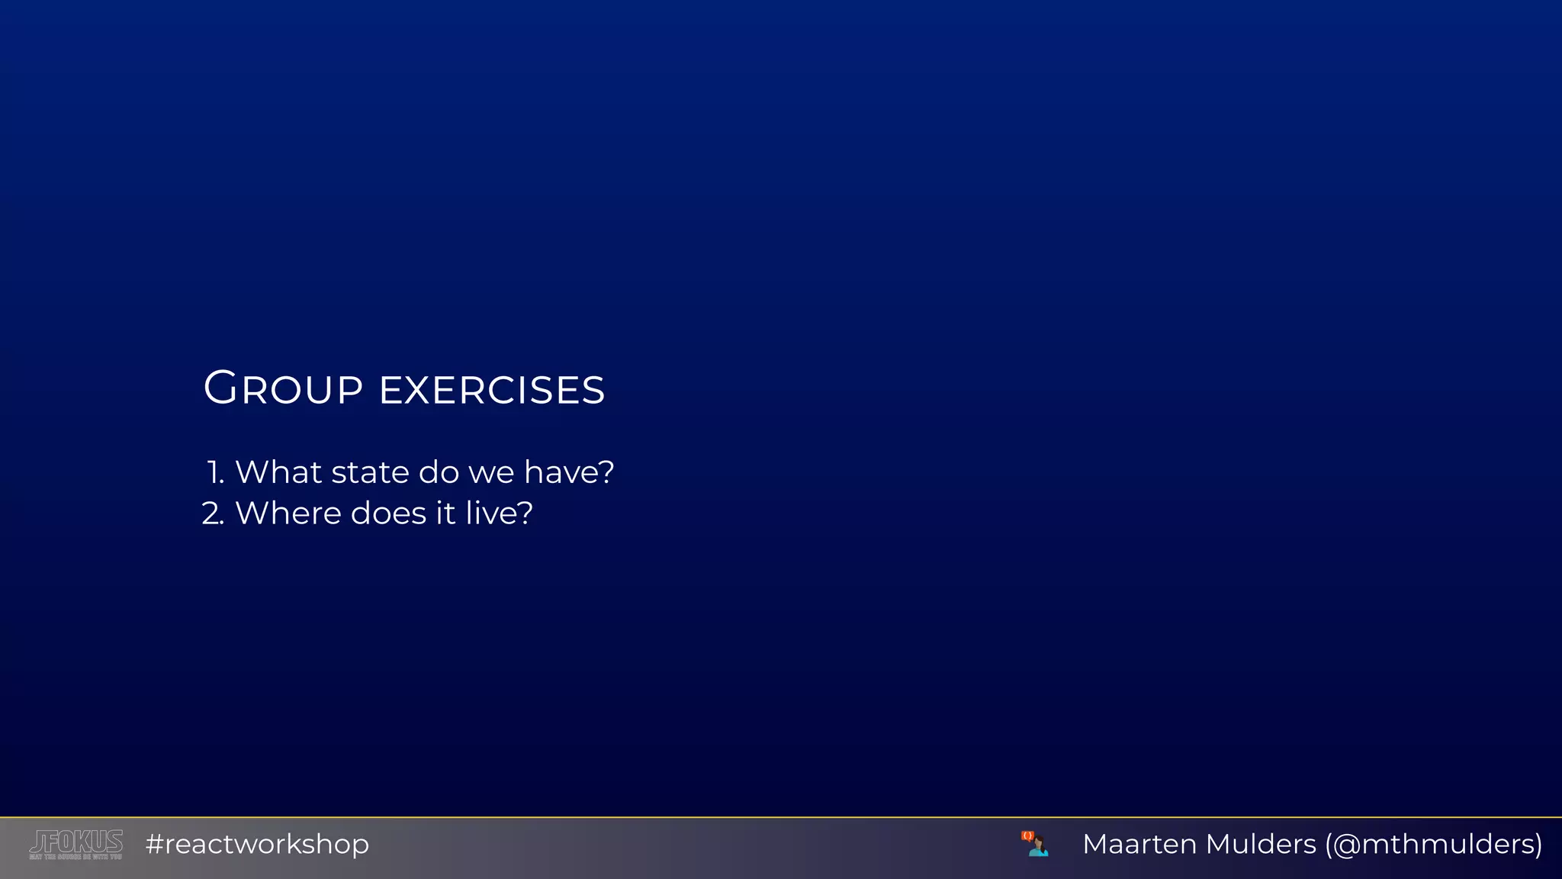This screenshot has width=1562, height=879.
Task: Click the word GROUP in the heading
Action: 283,388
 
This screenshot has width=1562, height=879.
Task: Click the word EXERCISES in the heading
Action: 492,390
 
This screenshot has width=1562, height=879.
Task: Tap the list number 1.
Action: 215,472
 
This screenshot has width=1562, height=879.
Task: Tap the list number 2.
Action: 213,514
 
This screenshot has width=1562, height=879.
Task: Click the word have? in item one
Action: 569,472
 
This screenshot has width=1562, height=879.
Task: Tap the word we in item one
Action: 491,472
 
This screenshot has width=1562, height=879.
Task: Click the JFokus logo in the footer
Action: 76,842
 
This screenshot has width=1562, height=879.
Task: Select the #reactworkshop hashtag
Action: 257,844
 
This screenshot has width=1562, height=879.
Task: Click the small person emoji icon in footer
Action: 1035,844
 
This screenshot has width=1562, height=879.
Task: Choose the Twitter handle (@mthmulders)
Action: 1434,844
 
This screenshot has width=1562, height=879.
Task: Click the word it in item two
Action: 445,514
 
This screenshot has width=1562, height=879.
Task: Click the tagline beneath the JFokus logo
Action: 76,857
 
